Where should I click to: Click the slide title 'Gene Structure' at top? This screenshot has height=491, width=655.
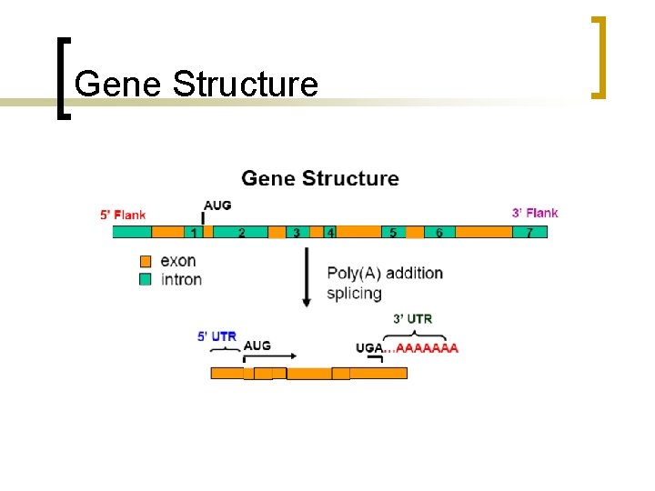[196, 85]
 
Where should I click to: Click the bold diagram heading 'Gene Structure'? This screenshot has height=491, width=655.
[319, 178]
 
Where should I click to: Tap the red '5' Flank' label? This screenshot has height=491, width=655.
[123, 215]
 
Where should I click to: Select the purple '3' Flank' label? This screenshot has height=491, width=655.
[535, 213]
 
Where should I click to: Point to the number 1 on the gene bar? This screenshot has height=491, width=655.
[193, 233]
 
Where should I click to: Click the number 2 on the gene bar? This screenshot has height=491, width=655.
[241, 233]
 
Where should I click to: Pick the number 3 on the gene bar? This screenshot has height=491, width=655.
[297, 233]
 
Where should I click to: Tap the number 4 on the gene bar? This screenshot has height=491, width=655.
[330, 233]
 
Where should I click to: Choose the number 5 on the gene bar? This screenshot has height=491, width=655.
[393, 233]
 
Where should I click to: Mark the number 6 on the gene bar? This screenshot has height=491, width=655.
[439, 233]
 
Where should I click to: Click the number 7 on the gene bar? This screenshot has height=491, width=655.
[529, 233]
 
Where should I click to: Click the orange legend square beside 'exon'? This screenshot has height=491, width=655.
[145, 261]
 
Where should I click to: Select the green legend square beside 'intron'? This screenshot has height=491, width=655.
[145, 279]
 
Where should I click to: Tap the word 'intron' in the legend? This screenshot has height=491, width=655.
[181, 279]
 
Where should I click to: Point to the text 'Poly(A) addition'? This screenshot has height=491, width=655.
[385, 273]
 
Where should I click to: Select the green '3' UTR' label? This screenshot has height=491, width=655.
[412, 318]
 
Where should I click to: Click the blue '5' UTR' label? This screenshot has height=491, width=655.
[217, 336]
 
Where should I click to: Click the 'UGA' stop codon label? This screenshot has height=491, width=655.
[368, 347]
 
